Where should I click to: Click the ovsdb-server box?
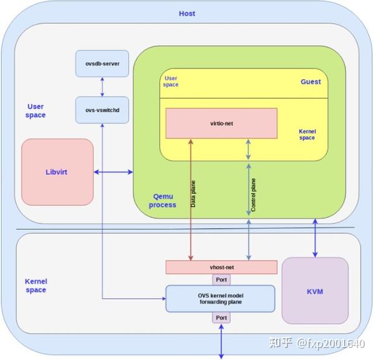[x=102, y=64]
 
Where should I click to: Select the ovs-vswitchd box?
[x=102, y=110]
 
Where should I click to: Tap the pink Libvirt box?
[x=57, y=172]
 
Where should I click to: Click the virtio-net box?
[x=221, y=123]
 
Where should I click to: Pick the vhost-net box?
[x=221, y=267]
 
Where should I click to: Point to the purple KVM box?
[x=315, y=291]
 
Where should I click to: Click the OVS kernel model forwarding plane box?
[x=220, y=298]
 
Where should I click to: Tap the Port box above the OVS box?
[x=221, y=280]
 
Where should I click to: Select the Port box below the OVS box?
[x=221, y=318]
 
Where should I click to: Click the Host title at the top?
[x=187, y=14]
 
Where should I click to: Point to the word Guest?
[x=310, y=82]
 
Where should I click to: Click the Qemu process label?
[x=161, y=199]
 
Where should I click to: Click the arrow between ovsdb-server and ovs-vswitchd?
[x=102, y=87]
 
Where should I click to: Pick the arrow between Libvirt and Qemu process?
[x=113, y=172]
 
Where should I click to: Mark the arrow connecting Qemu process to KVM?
[x=315, y=237]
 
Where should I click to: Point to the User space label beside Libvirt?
[x=36, y=111]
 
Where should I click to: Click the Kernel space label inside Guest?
[x=307, y=134]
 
